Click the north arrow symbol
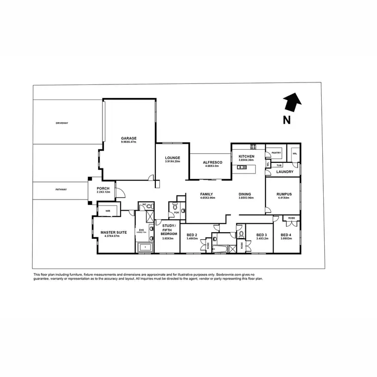coord(291,103)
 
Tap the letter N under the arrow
coord(286,120)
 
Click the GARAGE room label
coord(129,138)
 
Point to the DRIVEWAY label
coord(62,123)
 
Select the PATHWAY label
coord(61,190)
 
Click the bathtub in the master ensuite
coord(145,247)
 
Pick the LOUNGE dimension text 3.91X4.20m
coord(172,161)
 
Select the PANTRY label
coord(275,151)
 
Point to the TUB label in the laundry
coord(278,164)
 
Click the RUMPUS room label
coord(285,194)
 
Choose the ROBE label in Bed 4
coord(292,218)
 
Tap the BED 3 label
coord(261,235)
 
